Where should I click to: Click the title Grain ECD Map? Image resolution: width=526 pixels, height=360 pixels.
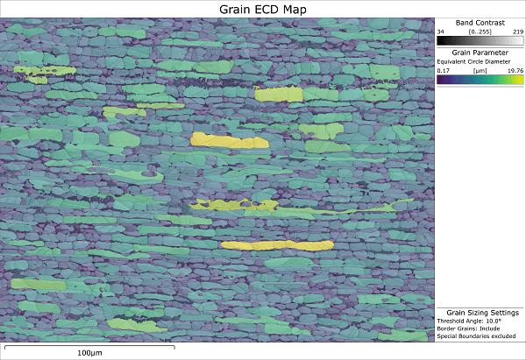263,9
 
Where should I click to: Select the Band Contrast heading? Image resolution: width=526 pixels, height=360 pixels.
480,22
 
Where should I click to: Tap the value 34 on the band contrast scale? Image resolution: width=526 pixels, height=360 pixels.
442,31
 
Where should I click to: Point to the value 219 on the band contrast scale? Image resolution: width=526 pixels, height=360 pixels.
518,31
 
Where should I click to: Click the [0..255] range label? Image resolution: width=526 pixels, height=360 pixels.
479,31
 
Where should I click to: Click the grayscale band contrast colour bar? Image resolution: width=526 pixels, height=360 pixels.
480,40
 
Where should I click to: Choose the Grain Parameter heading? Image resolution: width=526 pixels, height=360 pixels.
480,53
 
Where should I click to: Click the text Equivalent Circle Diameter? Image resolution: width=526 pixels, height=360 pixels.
473,62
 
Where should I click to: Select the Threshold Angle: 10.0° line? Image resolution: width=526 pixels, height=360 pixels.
471,321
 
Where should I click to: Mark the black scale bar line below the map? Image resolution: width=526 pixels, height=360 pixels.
88,346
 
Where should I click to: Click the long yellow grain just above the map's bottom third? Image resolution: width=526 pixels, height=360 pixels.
277,245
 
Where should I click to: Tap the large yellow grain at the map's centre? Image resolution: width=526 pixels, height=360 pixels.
228,140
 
